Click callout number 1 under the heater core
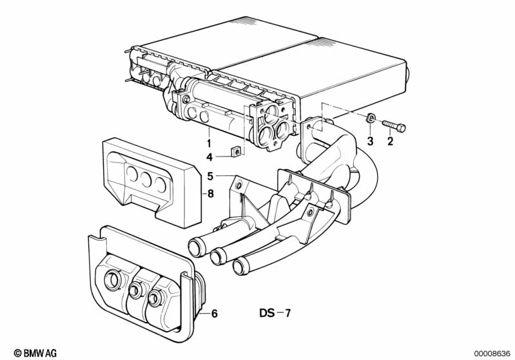[209, 143]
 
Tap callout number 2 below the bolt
[390, 142]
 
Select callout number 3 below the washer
[370, 142]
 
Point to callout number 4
[209, 158]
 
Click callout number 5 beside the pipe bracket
[210, 176]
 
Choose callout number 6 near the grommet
[214, 314]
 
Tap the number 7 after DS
[287, 313]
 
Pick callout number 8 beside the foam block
[211, 194]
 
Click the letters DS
[267, 313]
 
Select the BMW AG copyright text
[35, 353]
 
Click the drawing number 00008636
[492, 354]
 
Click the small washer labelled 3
[371, 117]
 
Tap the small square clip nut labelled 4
[237, 151]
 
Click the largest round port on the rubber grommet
[113, 280]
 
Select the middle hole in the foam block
[146, 180]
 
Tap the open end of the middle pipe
[217, 256]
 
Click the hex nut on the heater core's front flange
[186, 99]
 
